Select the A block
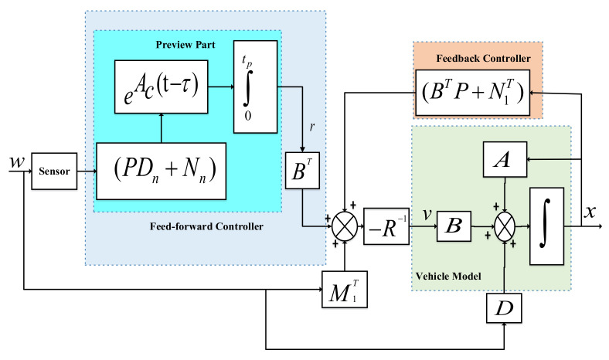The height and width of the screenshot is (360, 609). [x=505, y=159]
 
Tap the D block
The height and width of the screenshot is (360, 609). [x=505, y=309]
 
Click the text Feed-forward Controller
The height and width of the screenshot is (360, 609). [x=204, y=226]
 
